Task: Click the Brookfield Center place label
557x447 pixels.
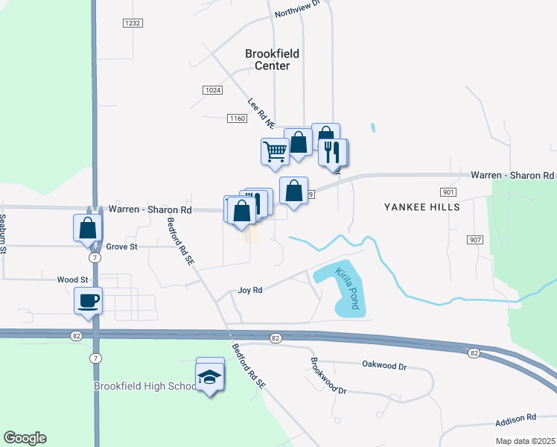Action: [267, 60]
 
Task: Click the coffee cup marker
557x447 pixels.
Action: [88, 301]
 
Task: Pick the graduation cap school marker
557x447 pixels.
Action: [210, 378]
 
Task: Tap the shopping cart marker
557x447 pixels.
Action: [274, 151]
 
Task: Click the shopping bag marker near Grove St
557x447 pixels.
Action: [87, 227]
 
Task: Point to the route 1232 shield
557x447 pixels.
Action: [132, 23]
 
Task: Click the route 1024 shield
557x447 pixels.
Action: [212, 90]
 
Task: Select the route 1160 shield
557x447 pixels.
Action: [237, 118]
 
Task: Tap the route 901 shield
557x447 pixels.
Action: [448, 192]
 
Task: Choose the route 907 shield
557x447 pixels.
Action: [475, 240]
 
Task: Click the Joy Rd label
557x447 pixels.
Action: [250, 290]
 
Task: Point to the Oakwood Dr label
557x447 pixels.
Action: [383, 366]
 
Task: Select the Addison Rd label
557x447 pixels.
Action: [521, 418]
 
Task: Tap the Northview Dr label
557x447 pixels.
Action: [296, 8]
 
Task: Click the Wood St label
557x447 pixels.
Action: [73, 280]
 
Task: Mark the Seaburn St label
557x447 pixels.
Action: [4, 233]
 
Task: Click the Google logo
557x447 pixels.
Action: [25, 438]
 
